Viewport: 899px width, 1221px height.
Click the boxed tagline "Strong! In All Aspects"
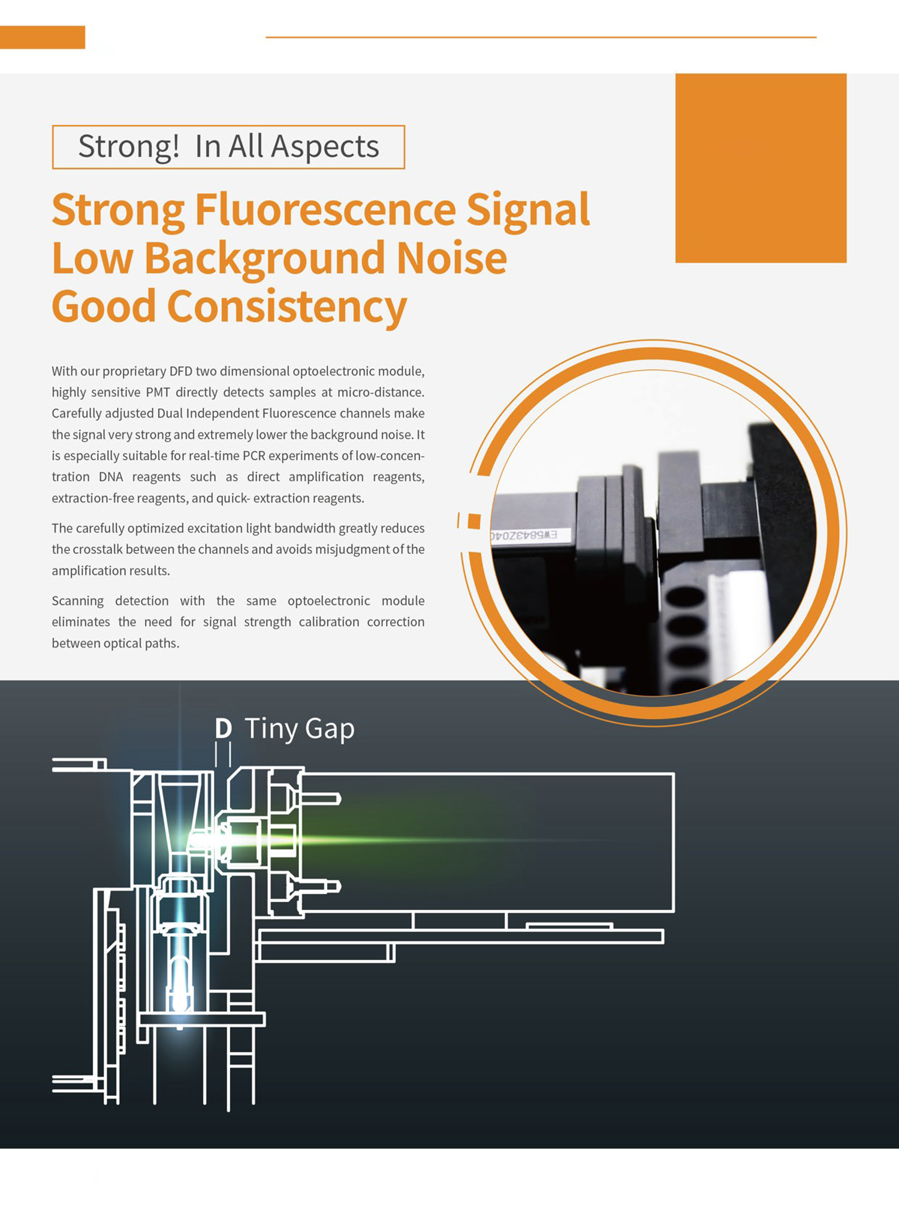(228, 146)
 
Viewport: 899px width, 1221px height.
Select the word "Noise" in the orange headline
(452, 258)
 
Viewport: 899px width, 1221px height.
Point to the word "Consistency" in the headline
(286, 306)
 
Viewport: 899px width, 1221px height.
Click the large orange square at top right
(761, 168)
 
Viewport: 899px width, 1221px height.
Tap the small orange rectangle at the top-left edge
(42, 37)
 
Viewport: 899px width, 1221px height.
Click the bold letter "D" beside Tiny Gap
(223, 729)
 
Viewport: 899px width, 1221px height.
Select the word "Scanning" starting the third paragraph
(77, 601)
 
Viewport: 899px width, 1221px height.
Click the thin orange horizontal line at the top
(541, 37)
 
